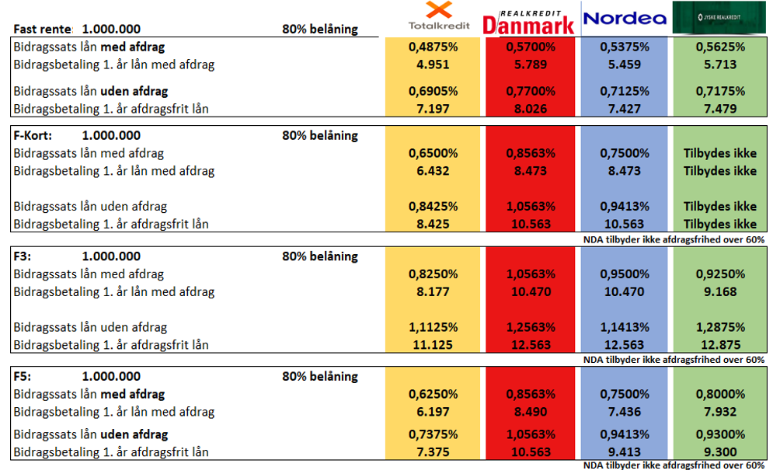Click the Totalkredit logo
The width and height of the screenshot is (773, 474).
tap(433, 17)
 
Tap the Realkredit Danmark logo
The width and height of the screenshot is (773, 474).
tap(528, 19)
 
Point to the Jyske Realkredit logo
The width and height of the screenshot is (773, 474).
tap(719, 17)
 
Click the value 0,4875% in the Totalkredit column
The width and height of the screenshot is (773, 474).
tap(433, 47)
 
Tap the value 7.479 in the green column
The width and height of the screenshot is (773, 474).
tap(719, 109)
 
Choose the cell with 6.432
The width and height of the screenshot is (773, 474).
tap(433, 171)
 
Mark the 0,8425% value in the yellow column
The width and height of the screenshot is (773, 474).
tap(433, 207)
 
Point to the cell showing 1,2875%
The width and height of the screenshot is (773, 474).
tap(719, 327)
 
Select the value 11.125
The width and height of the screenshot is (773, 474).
tap(433, 345)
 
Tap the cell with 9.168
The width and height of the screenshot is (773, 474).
tap(719, 292)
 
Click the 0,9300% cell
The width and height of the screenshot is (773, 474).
tap(719, 434)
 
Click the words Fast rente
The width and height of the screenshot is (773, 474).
tap(43, 30)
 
